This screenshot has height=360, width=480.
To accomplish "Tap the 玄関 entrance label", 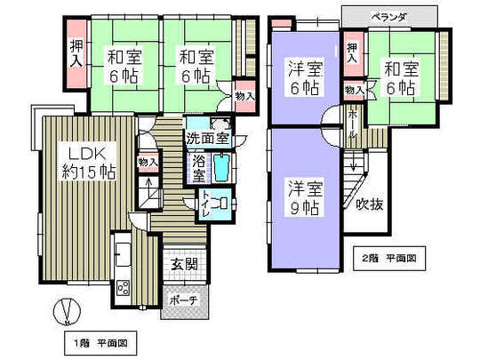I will pyautogui.click(x=185, y=264).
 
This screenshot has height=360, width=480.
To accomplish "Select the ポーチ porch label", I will pyautogui.click(x=185, y=300).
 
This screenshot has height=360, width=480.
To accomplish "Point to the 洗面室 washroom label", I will pyautogui.click(x=208, y=138).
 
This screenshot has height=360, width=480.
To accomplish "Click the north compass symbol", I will pyautogui.click(x=62, y=312).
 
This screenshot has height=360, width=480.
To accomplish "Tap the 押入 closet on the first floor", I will pyautogui.click(x=77, y=52).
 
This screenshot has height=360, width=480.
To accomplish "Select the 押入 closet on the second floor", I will pyautogui.click(x=353, y=52).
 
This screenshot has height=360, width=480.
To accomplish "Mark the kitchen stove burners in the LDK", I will pyautogui.click(x=123, y=285).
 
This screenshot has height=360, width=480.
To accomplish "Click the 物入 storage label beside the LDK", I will pyautogui.click(x=148, y=162).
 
